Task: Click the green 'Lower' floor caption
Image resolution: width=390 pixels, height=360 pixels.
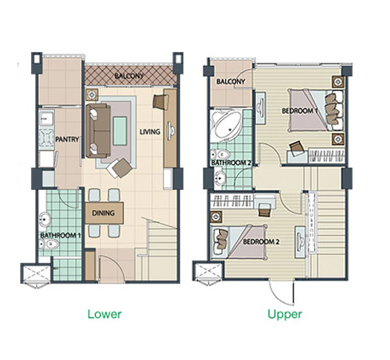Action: pos(105,314)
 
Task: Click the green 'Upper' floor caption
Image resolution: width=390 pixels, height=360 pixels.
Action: pos(285,315)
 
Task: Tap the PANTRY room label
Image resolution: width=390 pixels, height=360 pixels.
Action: pos(67,140)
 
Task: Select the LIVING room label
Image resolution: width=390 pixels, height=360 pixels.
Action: pos(150,131)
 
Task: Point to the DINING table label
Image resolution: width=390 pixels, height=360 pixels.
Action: pos(103,213)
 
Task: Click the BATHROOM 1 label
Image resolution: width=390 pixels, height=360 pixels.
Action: pos(60,235)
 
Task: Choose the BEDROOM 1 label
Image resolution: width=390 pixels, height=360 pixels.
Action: pos(299,111)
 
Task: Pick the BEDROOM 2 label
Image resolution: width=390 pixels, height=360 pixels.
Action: pos(261,242)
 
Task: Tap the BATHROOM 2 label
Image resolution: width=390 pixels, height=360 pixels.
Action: pos(230,163)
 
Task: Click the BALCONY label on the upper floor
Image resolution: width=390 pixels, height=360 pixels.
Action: pos(230,82)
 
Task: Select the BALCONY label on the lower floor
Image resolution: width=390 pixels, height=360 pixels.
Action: pos(129,76)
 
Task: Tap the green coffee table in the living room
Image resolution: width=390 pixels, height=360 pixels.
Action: pos(120,131)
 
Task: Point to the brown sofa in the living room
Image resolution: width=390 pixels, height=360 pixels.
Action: pos(98,131)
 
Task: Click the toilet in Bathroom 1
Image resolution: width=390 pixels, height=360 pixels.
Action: pos(49,244)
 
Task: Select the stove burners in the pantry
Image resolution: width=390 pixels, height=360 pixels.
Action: pos(46,139)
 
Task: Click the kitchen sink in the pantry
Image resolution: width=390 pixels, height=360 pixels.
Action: pos(46,120)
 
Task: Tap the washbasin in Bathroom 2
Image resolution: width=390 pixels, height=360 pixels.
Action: pos(219,178)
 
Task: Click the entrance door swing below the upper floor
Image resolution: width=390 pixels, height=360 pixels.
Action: pos(282,293)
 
